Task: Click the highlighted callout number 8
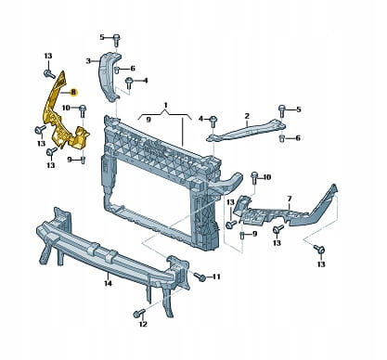tap(73, 92)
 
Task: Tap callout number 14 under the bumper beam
tap(108, 283)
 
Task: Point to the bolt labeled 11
tap(200, 276)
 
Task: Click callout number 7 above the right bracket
tap(290, 198)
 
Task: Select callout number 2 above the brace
tap(247, 116)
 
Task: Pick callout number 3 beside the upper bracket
tap(88, 61)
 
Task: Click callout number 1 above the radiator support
tap(165, 105)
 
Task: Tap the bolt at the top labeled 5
tap(116, 39)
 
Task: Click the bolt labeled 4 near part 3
tap(129, 83)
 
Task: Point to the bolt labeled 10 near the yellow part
tap(83, 109)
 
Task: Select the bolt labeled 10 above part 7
tap(254, 176)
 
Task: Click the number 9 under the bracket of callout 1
tap(148, 120)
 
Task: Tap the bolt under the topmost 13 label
tap(48, 74)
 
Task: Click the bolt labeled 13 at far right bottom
tap(318, 249)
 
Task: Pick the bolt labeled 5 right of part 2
tap(282, 110)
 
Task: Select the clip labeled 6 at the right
tap(282, 137)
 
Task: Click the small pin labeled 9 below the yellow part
tap(83, 160)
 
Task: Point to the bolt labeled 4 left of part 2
tap(213, 120)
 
